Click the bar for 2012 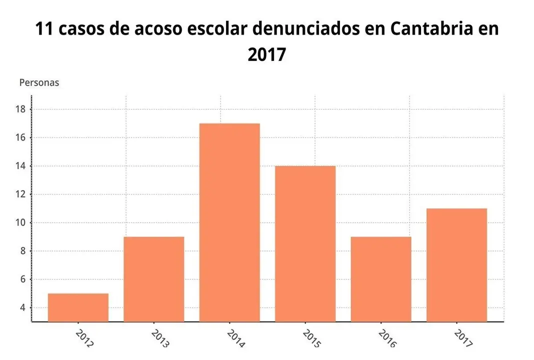(78, 307)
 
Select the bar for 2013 (153, 278)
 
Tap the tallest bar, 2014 (229, 222)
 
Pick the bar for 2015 (305, 243)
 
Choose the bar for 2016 (381, 278)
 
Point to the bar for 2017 (456, 264)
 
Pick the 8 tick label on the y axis (23, 251)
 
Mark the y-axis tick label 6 (23, 279)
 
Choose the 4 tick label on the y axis (23, 307)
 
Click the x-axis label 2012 (85, 338)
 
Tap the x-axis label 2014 (236, 338)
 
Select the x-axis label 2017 (463, 338)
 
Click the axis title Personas (39, 82)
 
